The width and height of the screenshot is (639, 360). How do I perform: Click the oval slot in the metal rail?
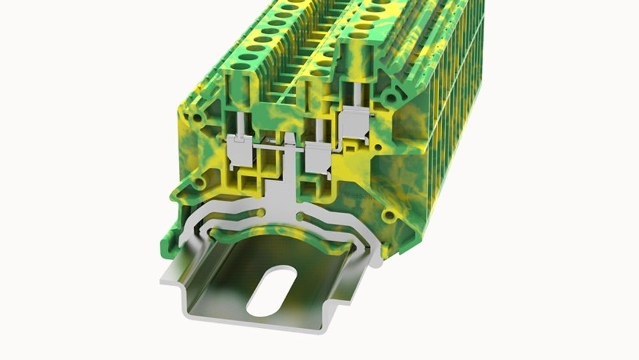(x=272, y=291)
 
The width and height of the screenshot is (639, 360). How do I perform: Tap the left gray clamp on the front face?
(x=241, y=152)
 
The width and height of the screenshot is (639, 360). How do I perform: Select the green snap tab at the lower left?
(x=171, y=240)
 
